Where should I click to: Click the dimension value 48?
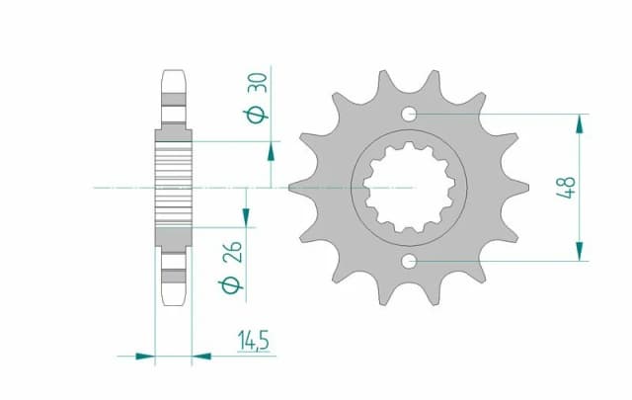coord(566,187)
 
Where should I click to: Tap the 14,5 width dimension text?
coord(254,341)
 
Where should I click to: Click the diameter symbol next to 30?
coord(256,116)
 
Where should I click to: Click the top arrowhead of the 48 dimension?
coord(579,122)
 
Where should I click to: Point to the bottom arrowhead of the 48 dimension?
coord(579,252)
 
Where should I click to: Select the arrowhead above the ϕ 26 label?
coord(247,216)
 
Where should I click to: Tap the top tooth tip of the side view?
coord(173,72)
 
